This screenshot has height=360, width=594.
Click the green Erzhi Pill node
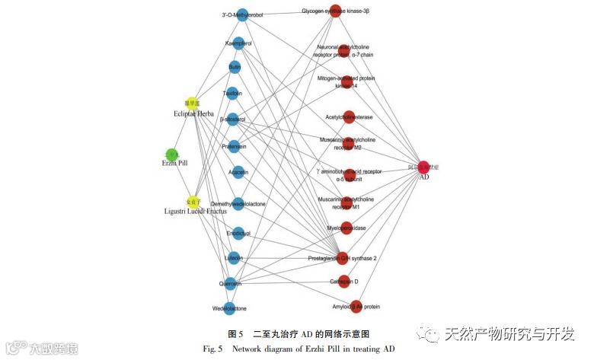point(172,155)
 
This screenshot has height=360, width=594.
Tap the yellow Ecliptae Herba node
point(192,103)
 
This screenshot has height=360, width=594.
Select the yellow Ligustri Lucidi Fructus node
point(193,202)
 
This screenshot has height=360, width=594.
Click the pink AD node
point(423,167)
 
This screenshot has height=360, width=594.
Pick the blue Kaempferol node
point(238,43)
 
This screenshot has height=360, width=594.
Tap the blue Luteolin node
point(233,258)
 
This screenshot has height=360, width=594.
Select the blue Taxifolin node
point(232,94)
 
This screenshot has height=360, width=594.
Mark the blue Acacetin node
point(238,173)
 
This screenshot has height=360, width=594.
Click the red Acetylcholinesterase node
point(349,117)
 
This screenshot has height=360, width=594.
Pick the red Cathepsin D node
point(344,282)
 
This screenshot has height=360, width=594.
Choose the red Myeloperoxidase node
point(346,228)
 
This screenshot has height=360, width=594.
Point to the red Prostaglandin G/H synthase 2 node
point(342,258)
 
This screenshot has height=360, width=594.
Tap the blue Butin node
point(235,67)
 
